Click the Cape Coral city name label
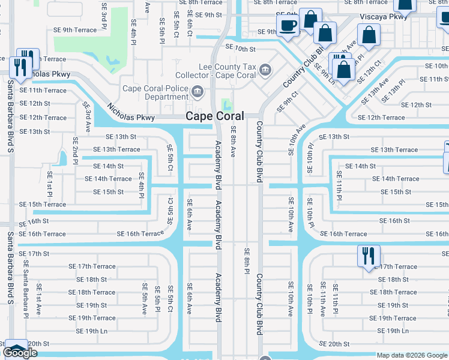[x=214, y=116]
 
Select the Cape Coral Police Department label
[x=155, y=92]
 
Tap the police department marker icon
[x=197, y=92]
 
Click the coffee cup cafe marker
[x=288, y=25]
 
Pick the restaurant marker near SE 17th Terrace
[x=367, y=256]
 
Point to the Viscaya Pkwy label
[x=384, y=17]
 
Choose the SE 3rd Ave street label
[x=87, y=117]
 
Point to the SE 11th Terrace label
[x=43, y=90]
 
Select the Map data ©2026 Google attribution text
[x=412, y=355]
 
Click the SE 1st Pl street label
[x=50, y=185]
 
